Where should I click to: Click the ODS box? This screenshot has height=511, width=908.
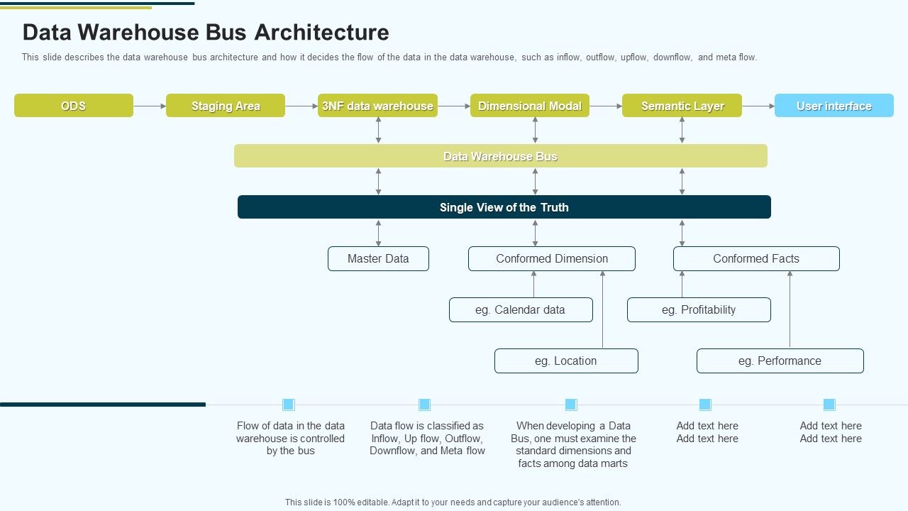click(74, 106)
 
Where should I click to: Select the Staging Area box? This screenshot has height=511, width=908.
click(226, 106)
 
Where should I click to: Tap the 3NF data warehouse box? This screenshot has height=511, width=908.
click(377, 106)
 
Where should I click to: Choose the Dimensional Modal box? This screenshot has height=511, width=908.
click(530, 106)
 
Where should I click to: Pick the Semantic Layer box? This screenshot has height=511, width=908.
click(682, 106)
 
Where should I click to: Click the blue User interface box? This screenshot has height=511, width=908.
click(834, 106)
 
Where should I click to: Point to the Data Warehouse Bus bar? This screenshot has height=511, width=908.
click(501, 156)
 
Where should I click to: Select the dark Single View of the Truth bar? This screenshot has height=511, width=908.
click(504, 207)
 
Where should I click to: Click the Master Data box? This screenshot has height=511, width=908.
click(378, 259)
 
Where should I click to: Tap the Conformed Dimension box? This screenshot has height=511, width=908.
click(552, 259)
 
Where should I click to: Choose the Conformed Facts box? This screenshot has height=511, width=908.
click(756, 259)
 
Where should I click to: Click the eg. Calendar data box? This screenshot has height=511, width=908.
click(521, 310)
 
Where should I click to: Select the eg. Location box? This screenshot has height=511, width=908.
click(566, 361)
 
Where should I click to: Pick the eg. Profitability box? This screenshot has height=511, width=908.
click(699, 310)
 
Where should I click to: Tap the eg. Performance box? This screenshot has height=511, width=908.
click(780, 361)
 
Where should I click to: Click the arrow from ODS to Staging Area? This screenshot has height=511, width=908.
click(150, 106)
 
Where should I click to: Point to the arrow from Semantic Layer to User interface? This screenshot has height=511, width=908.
click(758, 106)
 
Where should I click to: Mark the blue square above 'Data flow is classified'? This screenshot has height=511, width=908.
click(424, 405)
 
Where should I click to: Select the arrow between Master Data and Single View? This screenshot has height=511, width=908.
click(378, 233)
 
